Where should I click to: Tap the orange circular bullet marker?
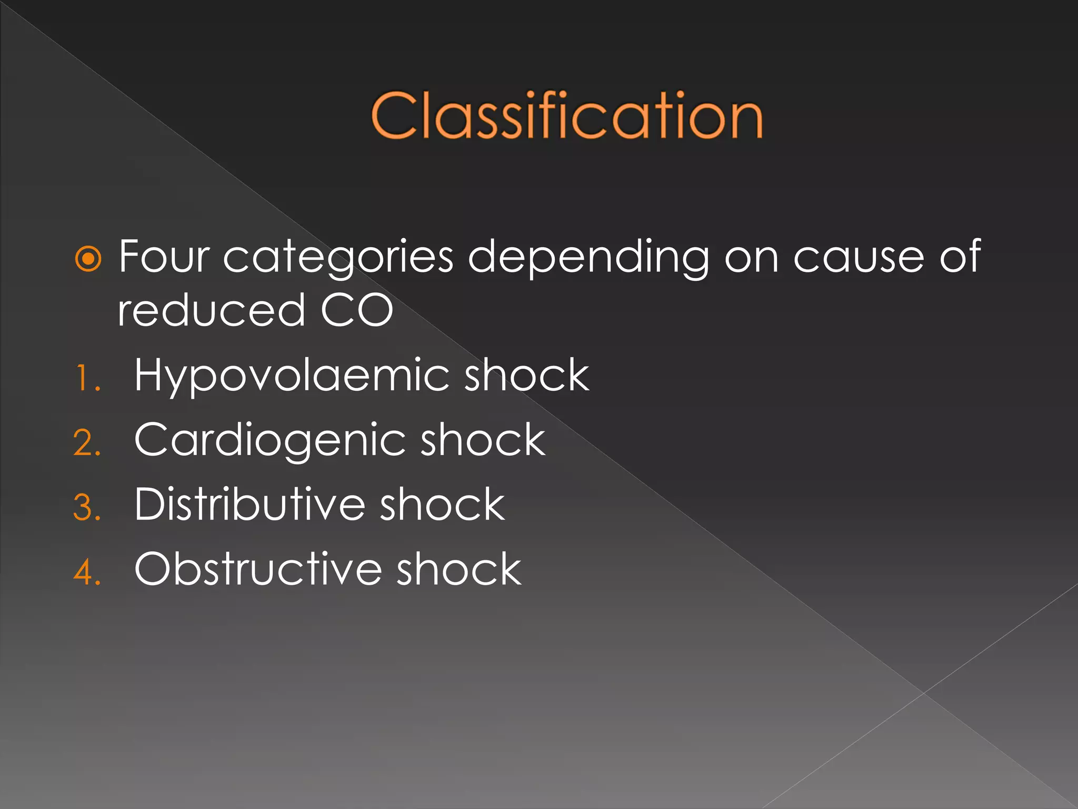pyautogui.click(x=88, y=259)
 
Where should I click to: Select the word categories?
pyautogui.click(x=338, y=258)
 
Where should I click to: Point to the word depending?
pyautogui.click(x=588, y=258)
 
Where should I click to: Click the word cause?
pyautogui.click(x=859, y=258)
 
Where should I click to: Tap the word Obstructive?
pyautogui.click(x=257, y=569)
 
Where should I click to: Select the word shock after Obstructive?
pyautogui.click(x=458, y=569)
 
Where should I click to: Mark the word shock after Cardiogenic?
pyautogui.click(x=483, y=440)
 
